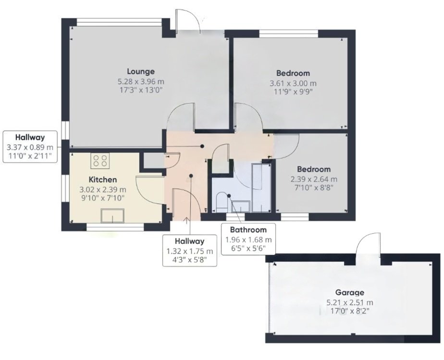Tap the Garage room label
coord(349,292)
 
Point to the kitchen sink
coord(113,216)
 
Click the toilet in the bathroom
coord(222,203)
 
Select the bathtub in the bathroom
coord(262,187)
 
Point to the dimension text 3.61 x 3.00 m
coord(293,83)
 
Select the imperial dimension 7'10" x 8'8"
coord(313,188)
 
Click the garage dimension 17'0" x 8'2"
coord(349,311)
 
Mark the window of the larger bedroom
coord(288,34)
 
